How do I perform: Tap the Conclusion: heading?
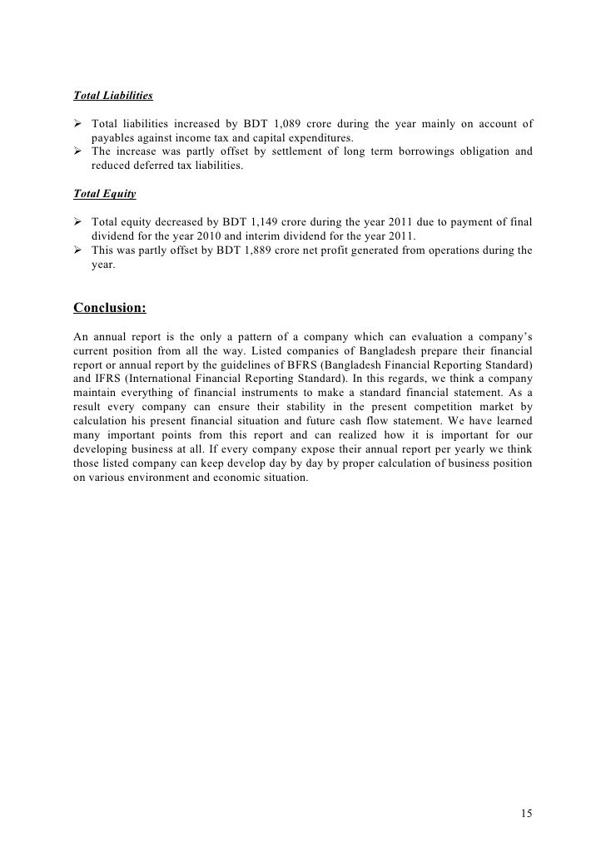[110, 308]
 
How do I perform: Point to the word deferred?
[162, 166]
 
